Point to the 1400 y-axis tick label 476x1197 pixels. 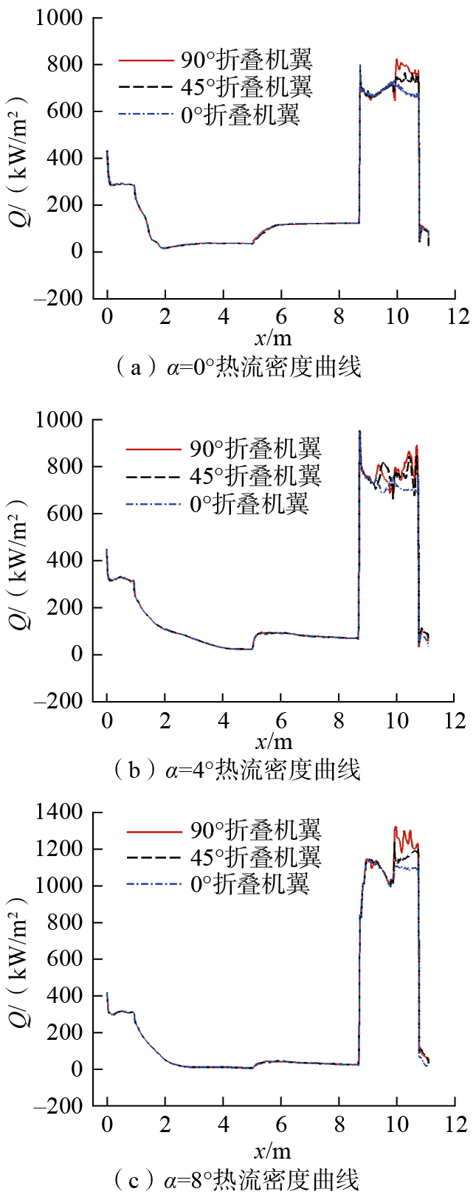pyautogui.click(x=60, y=813)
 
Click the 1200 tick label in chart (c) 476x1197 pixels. pyautogui.click(x=60, y=849)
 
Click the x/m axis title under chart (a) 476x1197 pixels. pyautogui.click(x=273, y=338)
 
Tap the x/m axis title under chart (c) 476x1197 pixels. pyautogui.click(x=273, y=1151)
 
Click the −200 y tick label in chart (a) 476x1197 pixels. pyautogui.click(x=60, y=298)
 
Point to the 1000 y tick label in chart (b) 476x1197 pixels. pyautogui.click(x=60, y=420)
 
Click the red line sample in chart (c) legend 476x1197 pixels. pyautogui.click(x=154, y=831)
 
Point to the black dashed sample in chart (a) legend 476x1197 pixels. pyautogui.click(x=145, y=87)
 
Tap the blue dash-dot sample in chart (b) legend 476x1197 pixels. pyautogui.click(x=154, y=505)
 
